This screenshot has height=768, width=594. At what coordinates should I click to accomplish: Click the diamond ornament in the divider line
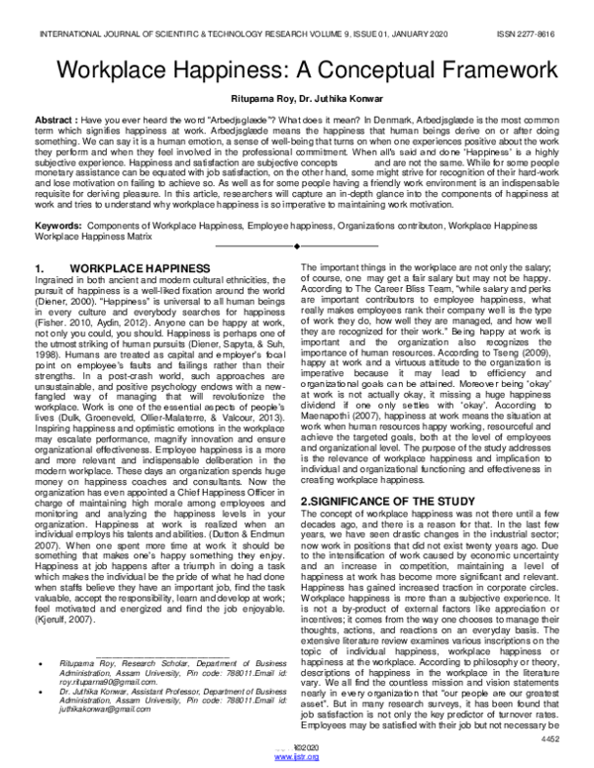pos(296,245)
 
